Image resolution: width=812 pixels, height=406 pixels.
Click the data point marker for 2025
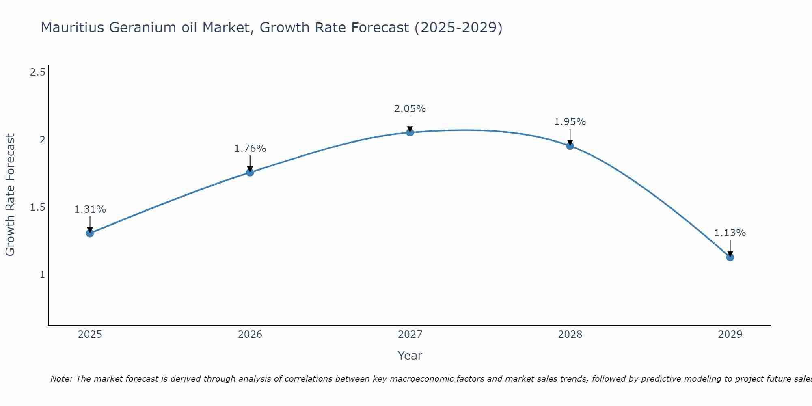tap(90, 233)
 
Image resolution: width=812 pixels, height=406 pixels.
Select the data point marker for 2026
tap(250, 172)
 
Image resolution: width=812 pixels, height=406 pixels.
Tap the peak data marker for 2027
tap(410, 132)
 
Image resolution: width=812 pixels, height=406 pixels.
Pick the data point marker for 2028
tap(570, 146)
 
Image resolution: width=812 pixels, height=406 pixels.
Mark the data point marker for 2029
tap(730, 257)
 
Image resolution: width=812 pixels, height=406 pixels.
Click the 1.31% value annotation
tap(90, 209)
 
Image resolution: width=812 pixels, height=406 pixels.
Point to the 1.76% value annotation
tap(250, 149)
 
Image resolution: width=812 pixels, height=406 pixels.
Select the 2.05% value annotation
tap(410, 109)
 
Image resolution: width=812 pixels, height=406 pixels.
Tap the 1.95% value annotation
tap(570, 122)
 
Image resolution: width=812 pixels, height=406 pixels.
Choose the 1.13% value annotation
tap(730, 233)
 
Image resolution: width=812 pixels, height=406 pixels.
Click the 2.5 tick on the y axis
tap(37, 73)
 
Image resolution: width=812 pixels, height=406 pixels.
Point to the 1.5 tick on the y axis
tap(37, 207)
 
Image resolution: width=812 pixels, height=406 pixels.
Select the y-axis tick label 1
tap(42, 275)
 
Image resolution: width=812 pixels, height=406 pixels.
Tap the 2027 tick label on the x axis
tap(410, 335)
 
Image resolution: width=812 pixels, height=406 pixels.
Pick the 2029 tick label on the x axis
tap(730, 335)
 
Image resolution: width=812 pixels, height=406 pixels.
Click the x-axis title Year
tap(410, 356)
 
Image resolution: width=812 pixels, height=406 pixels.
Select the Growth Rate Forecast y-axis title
tap(11, 195)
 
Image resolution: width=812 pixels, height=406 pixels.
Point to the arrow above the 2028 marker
tap(570, 137)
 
